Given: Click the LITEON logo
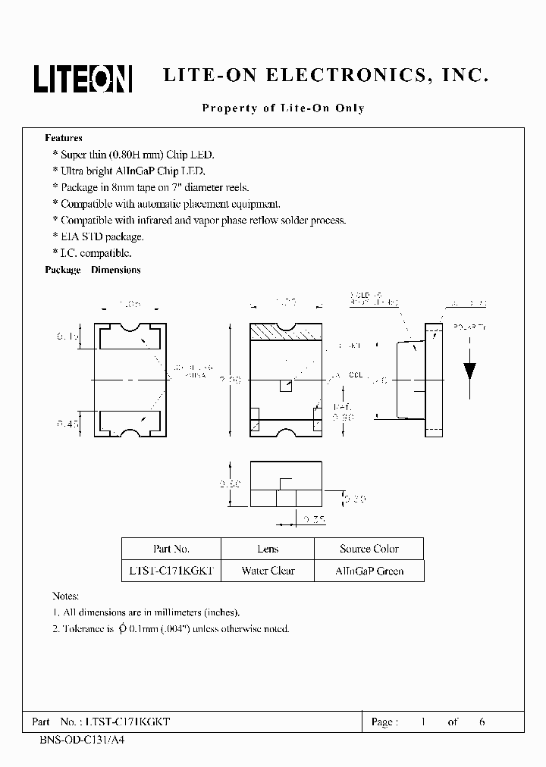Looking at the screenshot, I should (x=83, y=77).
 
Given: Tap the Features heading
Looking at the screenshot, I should (x=64, y=138).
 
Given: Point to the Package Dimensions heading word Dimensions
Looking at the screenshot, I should (x=116, y=270).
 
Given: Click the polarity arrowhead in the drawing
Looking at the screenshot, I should (x=469, y=370).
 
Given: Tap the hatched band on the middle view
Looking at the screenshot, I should (x=286, y=331).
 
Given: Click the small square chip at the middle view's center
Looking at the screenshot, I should (x=285, y=386).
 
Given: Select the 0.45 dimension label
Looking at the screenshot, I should (x=67, y=424).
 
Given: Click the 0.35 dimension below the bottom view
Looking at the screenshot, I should (x=312, y=519).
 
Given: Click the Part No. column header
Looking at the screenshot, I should (x=171, y=549).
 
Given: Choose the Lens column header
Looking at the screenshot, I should (x=268, y=549).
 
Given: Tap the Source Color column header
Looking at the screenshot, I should (x=369, y=549).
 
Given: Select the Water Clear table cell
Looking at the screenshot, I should (x=268, y=571).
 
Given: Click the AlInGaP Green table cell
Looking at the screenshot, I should (x=369, y=571).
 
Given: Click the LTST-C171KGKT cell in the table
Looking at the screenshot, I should (x=171, y=571).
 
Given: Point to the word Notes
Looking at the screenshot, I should (x=65, y=596).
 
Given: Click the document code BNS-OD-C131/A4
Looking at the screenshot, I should (x=78, y=739).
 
